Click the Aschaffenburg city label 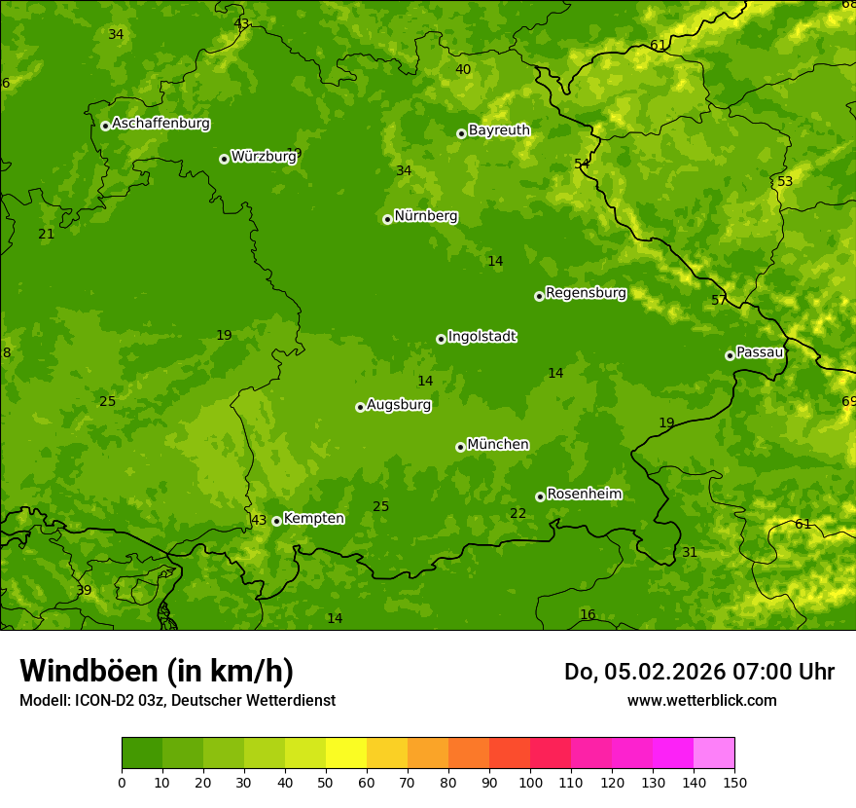(160, 124)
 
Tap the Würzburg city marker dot (224, 159)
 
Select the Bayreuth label (499, 130)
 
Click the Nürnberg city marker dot (387, 219)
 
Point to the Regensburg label (586, 293)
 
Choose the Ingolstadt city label (481, 337)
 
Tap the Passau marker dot (730, 355)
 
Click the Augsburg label (399, 405)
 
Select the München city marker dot (460, 447)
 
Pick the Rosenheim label (584, 495)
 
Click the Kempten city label (313, 519)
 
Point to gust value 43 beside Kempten (259, 520)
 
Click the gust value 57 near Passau (719, 300)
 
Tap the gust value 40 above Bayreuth (463, 69)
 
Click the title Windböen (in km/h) (157, 671)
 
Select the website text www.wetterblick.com (701, 700)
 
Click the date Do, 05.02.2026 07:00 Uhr (698, 672)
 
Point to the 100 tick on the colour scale (530, 782)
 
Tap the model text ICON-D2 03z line (177, 700)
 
